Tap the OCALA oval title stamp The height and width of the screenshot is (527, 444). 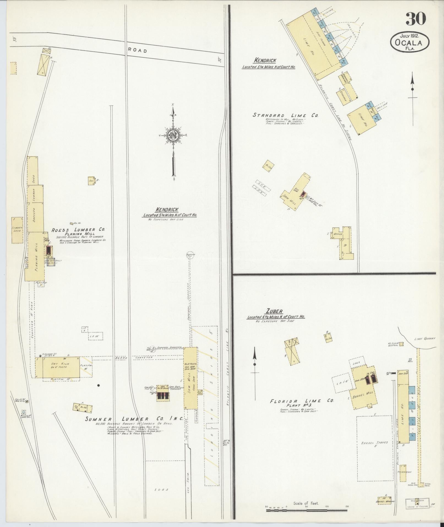410,42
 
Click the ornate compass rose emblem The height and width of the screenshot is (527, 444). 173,135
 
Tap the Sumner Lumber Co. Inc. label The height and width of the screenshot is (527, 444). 134,426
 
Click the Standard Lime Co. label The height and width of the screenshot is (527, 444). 285,115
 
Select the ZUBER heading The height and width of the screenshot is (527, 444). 274,311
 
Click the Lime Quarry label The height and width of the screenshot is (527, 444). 425,339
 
